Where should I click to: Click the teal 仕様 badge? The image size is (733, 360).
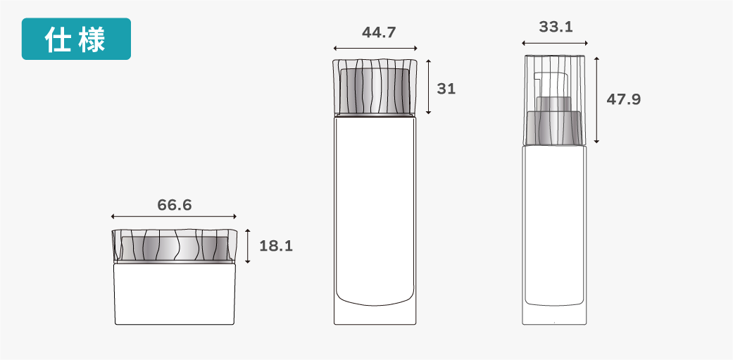(x=76, y=39)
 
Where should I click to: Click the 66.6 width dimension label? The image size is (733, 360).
(x=175, y=205)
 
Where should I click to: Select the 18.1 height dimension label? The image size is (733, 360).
(x=276, y=246)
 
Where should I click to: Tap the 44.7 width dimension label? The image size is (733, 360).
(x=379, y=32)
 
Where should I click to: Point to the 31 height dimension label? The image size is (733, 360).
(x=446, y=88)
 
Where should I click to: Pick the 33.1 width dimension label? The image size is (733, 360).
(x=556, y=27)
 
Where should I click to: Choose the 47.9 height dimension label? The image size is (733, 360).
(x=624, y=99)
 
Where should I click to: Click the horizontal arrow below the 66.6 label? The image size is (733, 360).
(x=174, y=216)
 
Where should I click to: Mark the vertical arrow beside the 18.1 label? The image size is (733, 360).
(x=248, y=247)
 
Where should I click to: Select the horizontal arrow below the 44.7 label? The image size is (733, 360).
(x=375, y=48)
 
